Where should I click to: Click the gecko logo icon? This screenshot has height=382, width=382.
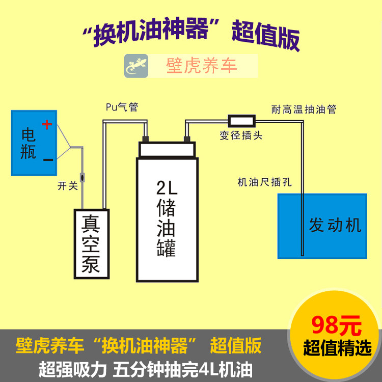136,66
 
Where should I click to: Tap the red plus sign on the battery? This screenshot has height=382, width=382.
47,124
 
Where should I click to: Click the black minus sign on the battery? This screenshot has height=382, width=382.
48,160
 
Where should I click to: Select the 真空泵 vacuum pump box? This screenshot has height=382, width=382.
92,244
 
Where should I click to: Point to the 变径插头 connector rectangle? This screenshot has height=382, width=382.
241,121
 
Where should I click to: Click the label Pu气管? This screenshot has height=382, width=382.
122,107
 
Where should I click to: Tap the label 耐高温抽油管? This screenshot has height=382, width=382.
304,110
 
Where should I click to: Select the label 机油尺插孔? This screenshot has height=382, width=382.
264,182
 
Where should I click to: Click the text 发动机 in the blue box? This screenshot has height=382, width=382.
335,225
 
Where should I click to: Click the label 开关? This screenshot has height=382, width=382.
68,186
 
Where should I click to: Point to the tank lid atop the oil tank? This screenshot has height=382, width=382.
167,149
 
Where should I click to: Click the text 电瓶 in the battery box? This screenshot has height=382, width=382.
29,144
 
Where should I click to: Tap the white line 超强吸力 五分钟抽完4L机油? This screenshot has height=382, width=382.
145,368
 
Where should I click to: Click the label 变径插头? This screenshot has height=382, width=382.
241,136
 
